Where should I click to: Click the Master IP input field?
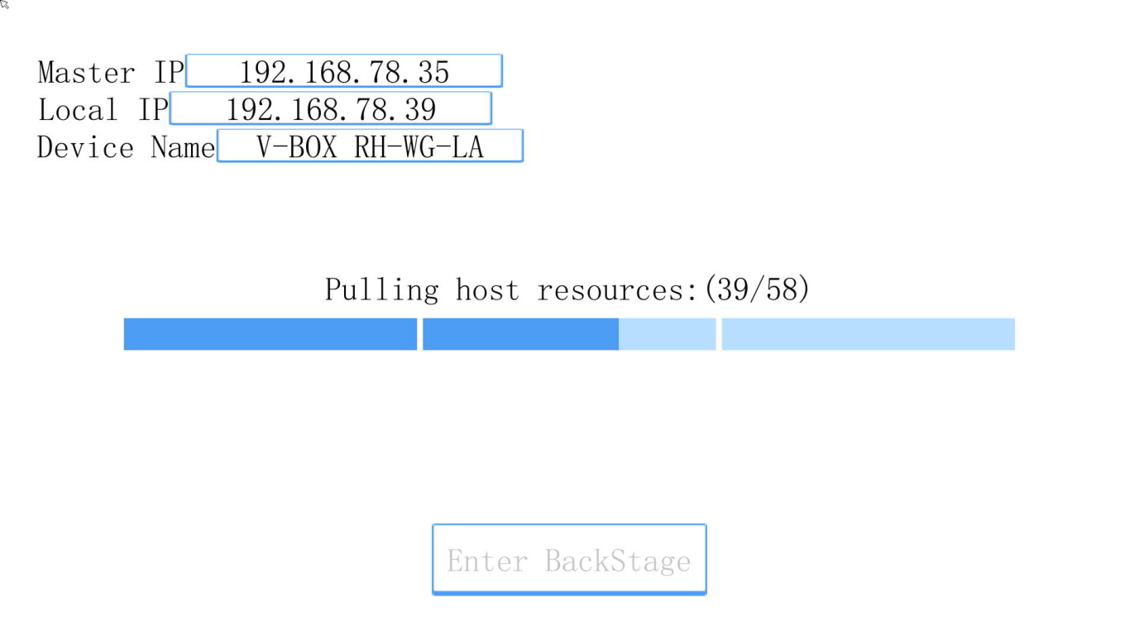(344, 70)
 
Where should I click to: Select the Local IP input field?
(331, 108)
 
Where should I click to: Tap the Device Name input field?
(370, 146)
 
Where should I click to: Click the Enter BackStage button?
(569, 559)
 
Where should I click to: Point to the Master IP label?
(111, 72)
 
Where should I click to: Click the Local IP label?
(103, 109)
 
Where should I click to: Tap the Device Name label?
(126, 147)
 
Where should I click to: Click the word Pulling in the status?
(381, 290)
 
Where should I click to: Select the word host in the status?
(487, 290)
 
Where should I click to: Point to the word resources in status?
(617, 291)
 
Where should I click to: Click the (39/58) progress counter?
(757, 289)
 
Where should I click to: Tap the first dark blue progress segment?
(270, 334)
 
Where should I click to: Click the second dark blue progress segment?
(520, 334)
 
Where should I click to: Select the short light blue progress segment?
(668, 334)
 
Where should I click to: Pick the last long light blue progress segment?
(868, 334)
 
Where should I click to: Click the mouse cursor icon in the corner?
(4, 4)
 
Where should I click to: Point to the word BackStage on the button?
(618, 562)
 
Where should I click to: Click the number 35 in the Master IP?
(433, 72)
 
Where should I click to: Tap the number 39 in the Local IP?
(420, 109)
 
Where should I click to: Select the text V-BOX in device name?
(296, 147)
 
